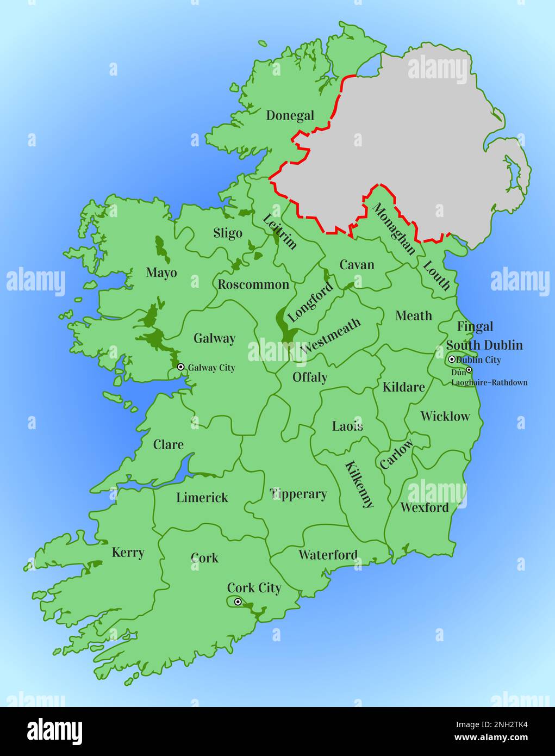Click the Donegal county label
pos(290,115)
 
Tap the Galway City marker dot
pos(181,367)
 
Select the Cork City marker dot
pos(238,602)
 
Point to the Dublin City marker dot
pos(452,360)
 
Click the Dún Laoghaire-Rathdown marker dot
pos(469,370)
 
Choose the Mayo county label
pos(161,272)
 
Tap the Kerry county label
pos(128,553)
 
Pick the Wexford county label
pos(425,507)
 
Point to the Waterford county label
pos(328,555)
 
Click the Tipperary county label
pos(298,494)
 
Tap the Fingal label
pos(475,326)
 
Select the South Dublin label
pos(484,345)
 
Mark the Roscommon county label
pos(253,284)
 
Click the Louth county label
pos(436,275)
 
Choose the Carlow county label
pos(396,454)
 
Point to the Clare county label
pos(168,444)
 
